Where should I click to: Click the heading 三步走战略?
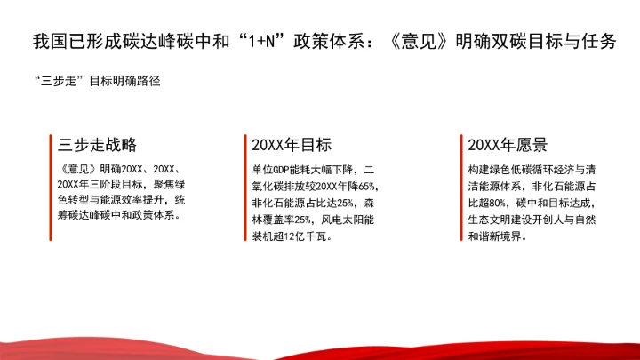(x=97, y=145)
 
